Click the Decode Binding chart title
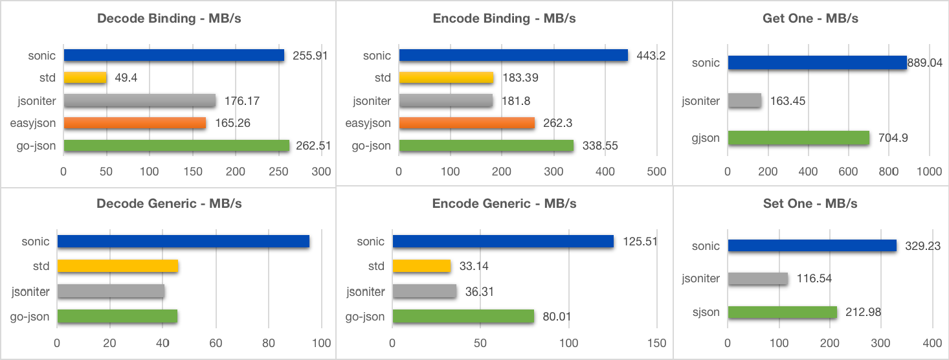[x=169, y=18]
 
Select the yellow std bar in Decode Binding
[x=85, y=78]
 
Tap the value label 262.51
[x=313, y=146]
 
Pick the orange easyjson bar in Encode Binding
[x=467, y=123]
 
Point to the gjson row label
[x=705, y=138]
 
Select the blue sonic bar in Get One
[x=817, y=63]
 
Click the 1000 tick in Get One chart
[x=929, y=172]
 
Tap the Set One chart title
[x=810, y=203]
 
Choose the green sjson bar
[x=783, y=313]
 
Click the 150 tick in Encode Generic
[x=656, y=343]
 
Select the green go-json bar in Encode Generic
[x=463, y=317]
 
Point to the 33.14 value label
[x=476, y=266]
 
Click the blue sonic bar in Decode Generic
[x=183, y=242]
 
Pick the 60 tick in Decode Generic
[x=216, y=343]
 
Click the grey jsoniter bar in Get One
[x=744, y=100]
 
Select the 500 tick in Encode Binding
[x=656, y=172]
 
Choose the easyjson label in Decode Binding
[x=33, y=123]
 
